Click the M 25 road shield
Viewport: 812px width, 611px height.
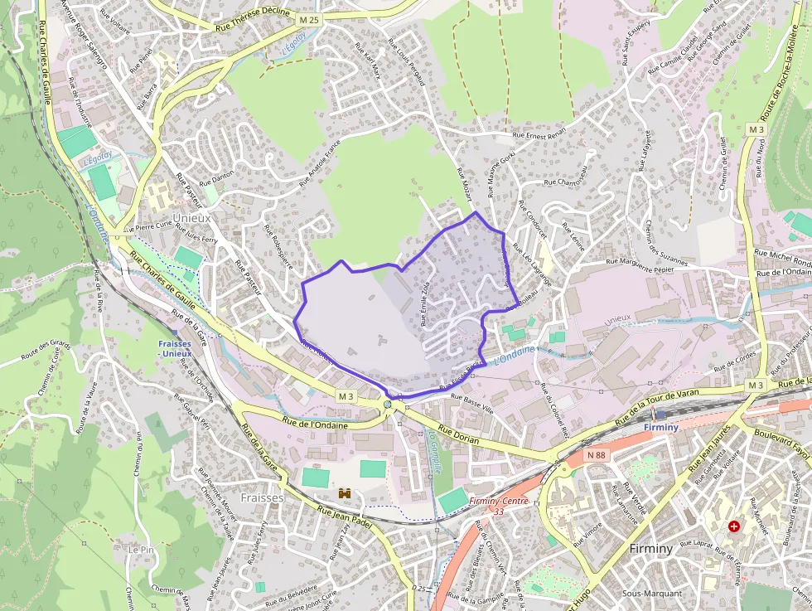[x=309, y=18]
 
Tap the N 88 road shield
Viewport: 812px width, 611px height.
[x=595, y=454]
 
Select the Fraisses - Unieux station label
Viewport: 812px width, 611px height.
[x=175, y=348]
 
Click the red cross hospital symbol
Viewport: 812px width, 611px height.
[x=734, y=526]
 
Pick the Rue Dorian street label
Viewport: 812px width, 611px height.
[x=458, y=436]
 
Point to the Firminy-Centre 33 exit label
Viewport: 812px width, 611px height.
[x=498, y=506]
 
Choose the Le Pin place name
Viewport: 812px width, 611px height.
[x=141, y=550]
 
